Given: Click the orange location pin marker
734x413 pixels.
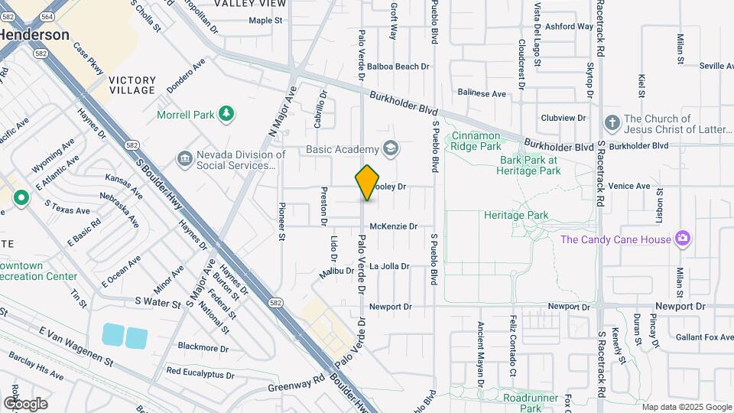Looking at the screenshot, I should pyautogui.click(x=367, y=183).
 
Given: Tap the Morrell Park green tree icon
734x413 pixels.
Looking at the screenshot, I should pyautogui.click(x=226, y=115).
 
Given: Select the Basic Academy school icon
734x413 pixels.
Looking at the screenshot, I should pyautogui.click(x=391, y=148).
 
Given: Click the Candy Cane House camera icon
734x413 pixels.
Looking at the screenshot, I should pyautogui.click(x=683, y=239).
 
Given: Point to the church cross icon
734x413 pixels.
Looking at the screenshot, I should pyautogui.click(x=611, y=123).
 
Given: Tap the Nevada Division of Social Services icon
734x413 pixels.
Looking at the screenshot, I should pyautogui.click(x=184, y=159).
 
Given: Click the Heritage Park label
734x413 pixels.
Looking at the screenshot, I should pyautogui.click(x=516, y=216).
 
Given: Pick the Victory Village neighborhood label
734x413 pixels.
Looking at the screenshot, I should pyautogui.click(x=132, y=85).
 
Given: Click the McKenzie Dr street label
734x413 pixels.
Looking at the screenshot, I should pyautogui.click(x=393, y=226).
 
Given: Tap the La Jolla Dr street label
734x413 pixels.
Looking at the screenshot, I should pyautogui.click(x=389, y=266).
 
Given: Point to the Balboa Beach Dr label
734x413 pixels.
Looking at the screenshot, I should pyautogui.click(x=398, y=67).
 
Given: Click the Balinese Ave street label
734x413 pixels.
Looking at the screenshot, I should pyautogui.click(x=482, y=93).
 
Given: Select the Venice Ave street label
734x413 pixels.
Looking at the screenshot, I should pyautogui.click(x=629, y=186).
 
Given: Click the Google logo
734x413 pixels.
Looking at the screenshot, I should pyautogui.click(x=24, y=403).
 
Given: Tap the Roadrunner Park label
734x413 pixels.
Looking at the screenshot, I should pyautogui.click(x=533, y=402).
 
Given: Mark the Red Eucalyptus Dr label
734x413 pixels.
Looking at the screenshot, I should pyautogui.click(x=200, y=372).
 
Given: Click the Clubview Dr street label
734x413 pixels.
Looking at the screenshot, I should pyautogui.click(x=563, y=118).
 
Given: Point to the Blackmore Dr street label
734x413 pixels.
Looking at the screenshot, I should pyautogui.click(x=203, y=347).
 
